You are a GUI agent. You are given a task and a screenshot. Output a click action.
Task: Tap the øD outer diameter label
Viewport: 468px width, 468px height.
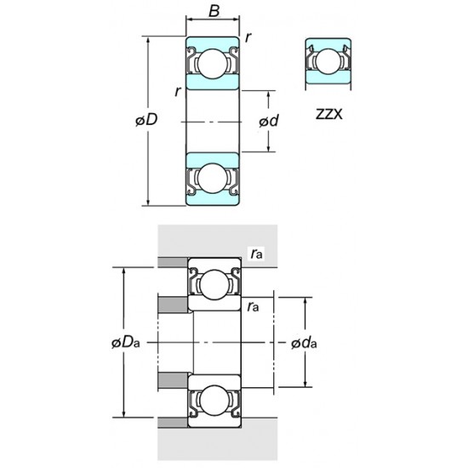tap(146, 121)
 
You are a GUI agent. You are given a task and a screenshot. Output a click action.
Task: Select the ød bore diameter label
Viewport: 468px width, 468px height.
tap(268, 122)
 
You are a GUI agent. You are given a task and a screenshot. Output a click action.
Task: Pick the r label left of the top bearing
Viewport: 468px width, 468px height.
tap(177, 91)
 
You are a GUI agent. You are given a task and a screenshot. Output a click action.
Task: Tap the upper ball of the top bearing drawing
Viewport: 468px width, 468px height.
tap(212, 64)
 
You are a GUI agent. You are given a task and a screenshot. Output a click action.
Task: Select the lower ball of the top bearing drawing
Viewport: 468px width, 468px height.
tap(212, 178)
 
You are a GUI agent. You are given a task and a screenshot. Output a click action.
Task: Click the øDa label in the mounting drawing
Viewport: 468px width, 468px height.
tap(125, 343)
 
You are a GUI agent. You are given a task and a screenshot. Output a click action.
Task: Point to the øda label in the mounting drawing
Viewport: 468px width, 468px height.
tap(303, 343)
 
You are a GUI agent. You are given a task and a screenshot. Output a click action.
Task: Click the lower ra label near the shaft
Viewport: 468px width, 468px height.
tap(253, 305)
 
